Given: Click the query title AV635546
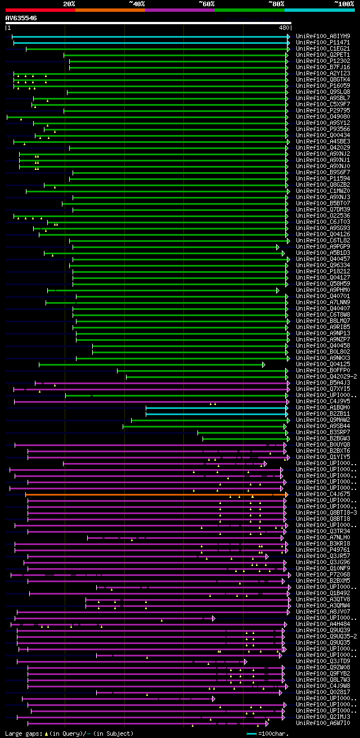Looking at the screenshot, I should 21,18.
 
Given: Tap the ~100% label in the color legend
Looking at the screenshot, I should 344,4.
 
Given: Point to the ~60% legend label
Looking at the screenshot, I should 206,4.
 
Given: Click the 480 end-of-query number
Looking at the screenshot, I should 283,27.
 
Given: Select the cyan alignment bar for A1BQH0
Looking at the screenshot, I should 217,408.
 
